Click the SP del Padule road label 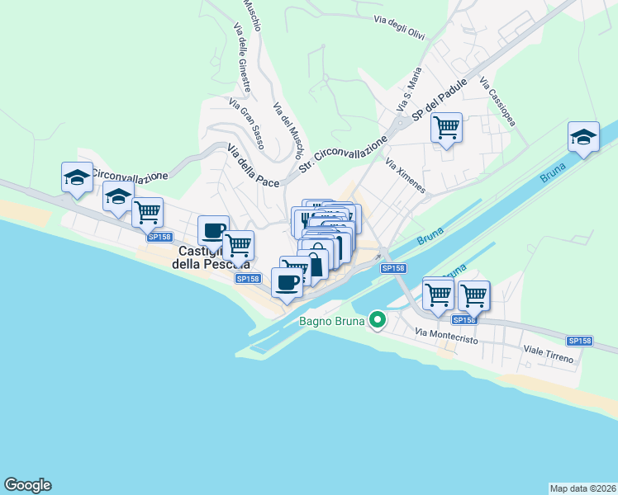440,101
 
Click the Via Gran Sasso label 247,125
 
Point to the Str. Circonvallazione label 343,156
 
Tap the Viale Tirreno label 543,356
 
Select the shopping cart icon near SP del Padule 446,128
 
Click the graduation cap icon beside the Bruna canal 583,137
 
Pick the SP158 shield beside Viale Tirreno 580,341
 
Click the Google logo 27,485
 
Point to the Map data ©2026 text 582,488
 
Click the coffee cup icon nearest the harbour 287,283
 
